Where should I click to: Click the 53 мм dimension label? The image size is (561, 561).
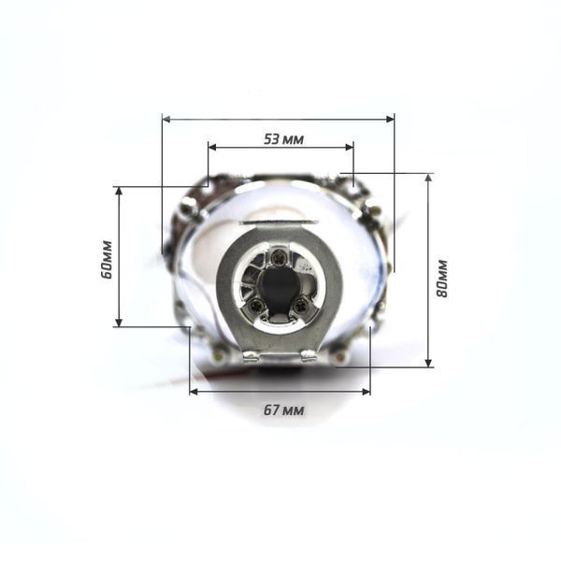click(283, 139)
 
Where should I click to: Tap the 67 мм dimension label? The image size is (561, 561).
click(283, 410)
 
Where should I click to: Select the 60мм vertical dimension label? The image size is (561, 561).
click(107, 259)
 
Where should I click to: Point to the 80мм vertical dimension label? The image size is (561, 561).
click(441, 279)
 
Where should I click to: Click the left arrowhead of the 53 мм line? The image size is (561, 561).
click(213, 147)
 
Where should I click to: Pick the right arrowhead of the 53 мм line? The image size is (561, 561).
click(349, 147)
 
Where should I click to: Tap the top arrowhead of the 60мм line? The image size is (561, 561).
click(119, 191)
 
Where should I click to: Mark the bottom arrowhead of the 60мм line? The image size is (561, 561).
click(119, 323)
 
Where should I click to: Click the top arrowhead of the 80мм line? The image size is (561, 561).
click(428, 178)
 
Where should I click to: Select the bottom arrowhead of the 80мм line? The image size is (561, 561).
click(428, 363)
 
